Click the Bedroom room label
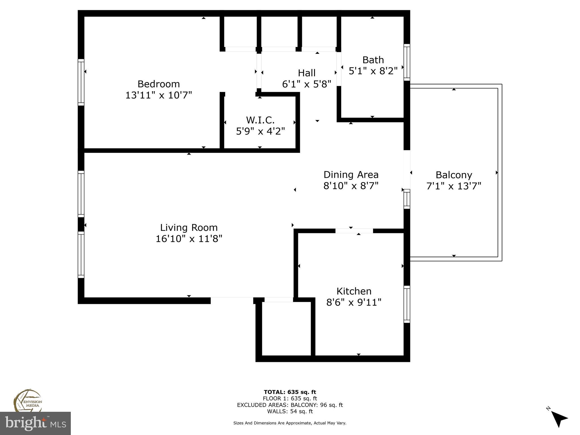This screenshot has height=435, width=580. (x=159, y=84)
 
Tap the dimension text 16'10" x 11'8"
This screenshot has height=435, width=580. (x=189, y=239)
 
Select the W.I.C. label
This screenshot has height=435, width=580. (x=260, y=120)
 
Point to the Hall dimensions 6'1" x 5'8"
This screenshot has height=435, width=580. (x=307, y=84)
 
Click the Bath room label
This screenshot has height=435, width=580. (x=373, y=60)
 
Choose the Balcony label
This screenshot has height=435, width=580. (x=454, y=175)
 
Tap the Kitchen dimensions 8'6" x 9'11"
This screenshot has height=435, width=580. (x=354, y=302)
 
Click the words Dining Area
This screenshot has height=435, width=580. (x=351, y=174)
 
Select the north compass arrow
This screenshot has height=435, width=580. (x=559, y=419)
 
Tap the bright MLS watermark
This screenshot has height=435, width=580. (x=35, y=423)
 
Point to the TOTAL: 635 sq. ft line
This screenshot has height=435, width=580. (x=290, y=392)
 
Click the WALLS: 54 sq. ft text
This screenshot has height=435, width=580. (x=290, y=411)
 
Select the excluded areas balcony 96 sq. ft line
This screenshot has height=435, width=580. (x=290, y=405)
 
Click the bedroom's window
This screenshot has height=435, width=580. (x=81, y=82)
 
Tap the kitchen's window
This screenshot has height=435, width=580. (x=407, y=304)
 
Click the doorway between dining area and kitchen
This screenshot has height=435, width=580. (x=354, y=231)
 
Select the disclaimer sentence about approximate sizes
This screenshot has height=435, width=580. (x=290, y=423)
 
